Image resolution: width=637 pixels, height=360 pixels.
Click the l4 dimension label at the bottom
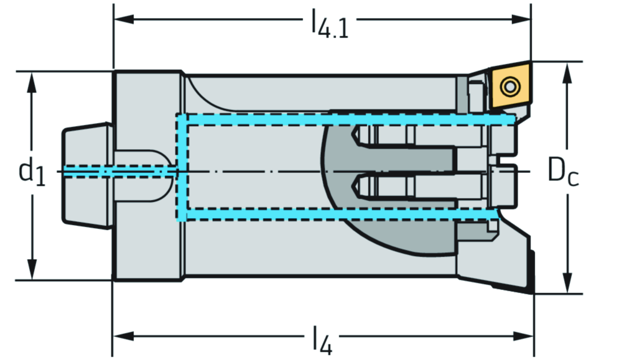point(322,341)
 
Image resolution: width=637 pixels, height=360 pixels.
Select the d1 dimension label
point(31,172)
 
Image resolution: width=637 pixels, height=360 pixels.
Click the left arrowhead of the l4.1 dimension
point(121,19)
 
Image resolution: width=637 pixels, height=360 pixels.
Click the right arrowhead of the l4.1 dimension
point(523,19)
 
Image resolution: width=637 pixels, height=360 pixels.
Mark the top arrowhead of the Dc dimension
point(567,70)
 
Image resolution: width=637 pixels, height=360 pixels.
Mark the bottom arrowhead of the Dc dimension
point(567,285)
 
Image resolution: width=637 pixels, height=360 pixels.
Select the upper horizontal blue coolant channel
point(342,119)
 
